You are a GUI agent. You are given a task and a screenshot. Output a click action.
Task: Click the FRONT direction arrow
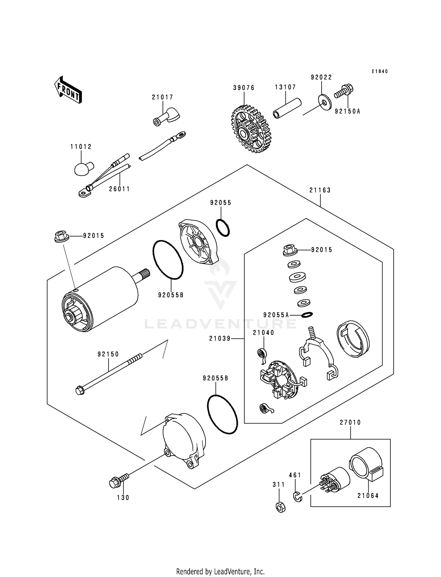pyautogui.click(x=68, y=90)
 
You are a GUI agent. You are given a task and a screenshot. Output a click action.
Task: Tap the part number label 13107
pyautogui.click(x=285, y=87)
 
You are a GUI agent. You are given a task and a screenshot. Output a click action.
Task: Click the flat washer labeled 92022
pyautogui.click(x=325, y=102)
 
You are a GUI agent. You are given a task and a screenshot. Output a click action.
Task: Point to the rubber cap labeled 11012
pyautogui.click(x=83, y=169)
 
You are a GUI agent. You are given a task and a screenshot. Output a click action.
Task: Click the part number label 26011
pyautogui.click(x=119, y=189)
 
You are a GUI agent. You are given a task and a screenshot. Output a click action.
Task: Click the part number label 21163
pyautogui.click(x=320, y=190)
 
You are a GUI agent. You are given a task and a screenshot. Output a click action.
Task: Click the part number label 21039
pyautogui.click(x=220, y=339)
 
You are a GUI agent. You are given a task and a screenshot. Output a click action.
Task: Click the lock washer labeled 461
pyautogui.click(x=298, y=497)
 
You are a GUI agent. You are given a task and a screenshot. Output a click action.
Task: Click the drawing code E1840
pyautogui.click(x=380, y=71)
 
